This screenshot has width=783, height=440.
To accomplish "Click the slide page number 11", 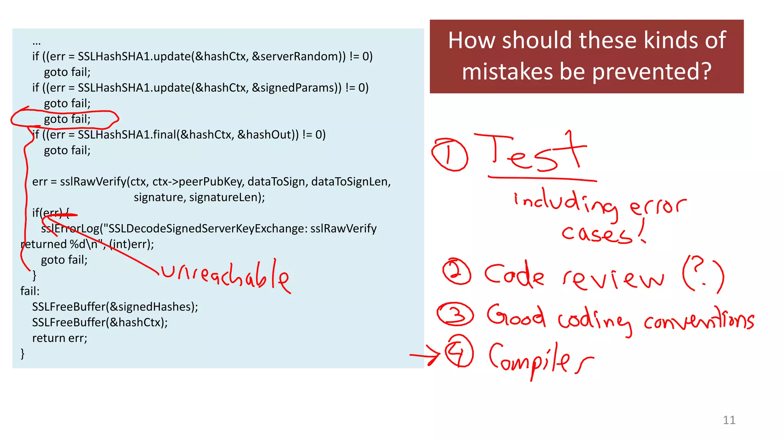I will coord(729,420).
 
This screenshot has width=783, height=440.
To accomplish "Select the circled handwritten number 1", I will coord(450,155).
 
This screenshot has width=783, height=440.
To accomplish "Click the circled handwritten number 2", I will coord(456,272).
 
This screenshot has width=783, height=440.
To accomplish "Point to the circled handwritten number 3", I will coord(455,314).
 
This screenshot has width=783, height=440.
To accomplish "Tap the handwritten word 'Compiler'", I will coord(539,359).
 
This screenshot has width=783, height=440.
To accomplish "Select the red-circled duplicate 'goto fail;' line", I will coord(67,119).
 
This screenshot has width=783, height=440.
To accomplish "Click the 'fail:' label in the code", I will coord(30,291).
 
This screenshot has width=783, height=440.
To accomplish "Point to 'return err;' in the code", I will coord(60,338).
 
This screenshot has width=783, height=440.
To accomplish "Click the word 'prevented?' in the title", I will coord(651,71).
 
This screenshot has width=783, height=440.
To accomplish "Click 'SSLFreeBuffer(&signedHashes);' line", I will coord(115,307).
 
